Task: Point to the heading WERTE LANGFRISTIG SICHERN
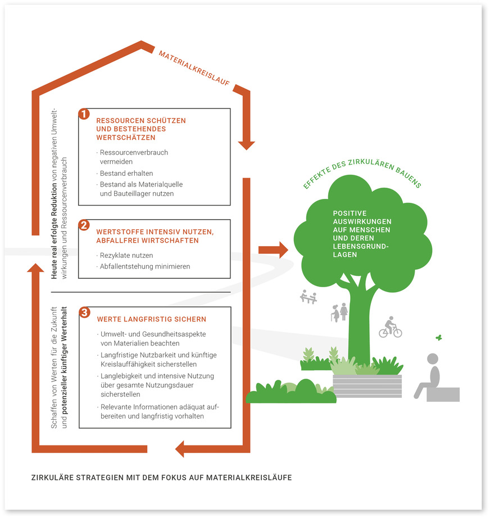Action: click(151, 319)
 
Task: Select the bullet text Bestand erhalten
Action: click(126, 173)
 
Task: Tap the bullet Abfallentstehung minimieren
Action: click(144, 266)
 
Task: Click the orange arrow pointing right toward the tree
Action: click(273, 249)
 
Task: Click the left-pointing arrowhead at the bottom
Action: click(181, 448)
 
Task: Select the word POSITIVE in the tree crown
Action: click(350, 213)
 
